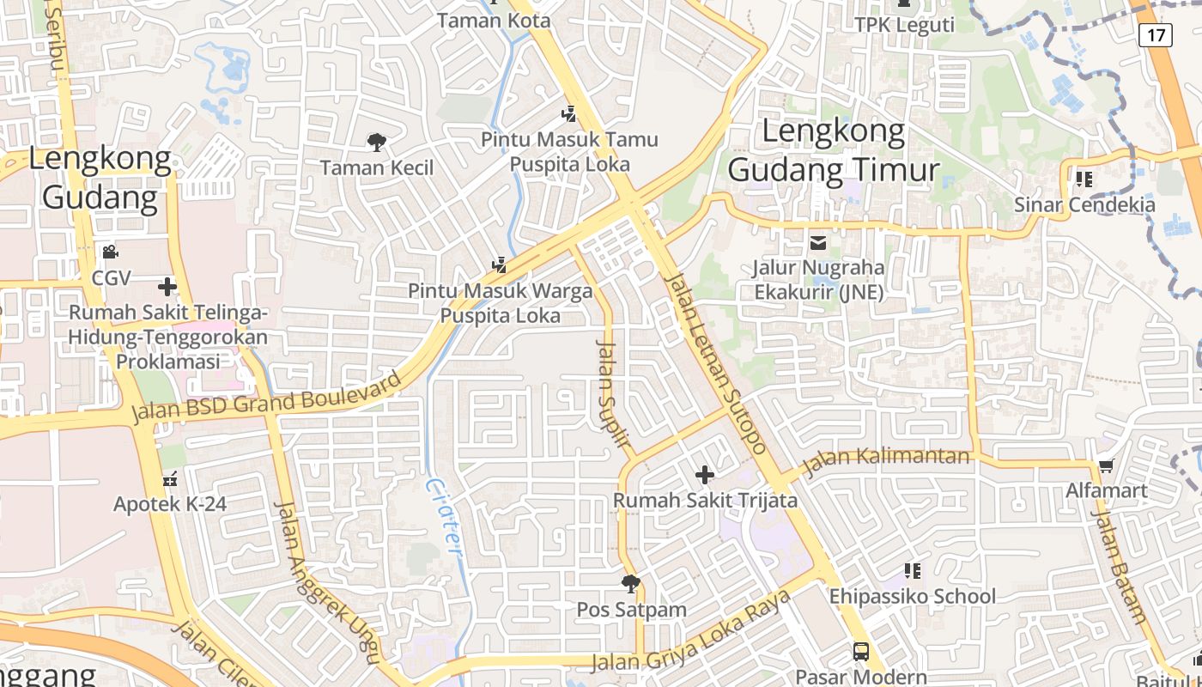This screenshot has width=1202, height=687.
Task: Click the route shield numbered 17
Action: tap(1156, 35)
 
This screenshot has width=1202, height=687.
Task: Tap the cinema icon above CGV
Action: tap(110, 252)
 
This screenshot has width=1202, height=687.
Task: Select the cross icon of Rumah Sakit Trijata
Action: tap(705, 474)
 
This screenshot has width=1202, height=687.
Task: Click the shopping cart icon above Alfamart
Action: tap(1106, 466)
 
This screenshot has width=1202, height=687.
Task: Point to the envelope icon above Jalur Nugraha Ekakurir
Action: tap(818, 243)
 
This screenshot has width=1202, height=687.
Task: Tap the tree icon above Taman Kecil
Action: tap(376, 142)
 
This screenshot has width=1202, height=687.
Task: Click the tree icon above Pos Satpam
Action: tap(631, 585)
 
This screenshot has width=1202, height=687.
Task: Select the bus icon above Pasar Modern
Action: tap(861, 651)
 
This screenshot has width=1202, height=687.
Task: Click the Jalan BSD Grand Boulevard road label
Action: tap(266, 397)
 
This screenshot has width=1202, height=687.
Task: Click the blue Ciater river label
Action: tap(443, 520)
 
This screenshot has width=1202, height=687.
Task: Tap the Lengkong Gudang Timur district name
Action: tap(834, 151)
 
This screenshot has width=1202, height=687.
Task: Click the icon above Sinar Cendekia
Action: tap(1084, 179)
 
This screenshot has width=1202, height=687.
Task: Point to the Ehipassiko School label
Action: tap(912, 596)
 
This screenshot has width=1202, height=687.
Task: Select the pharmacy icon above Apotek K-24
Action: tap(170, 478)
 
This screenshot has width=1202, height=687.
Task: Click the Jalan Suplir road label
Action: tap(614, 394)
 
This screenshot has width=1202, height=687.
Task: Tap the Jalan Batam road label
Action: tap(1118, 567)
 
